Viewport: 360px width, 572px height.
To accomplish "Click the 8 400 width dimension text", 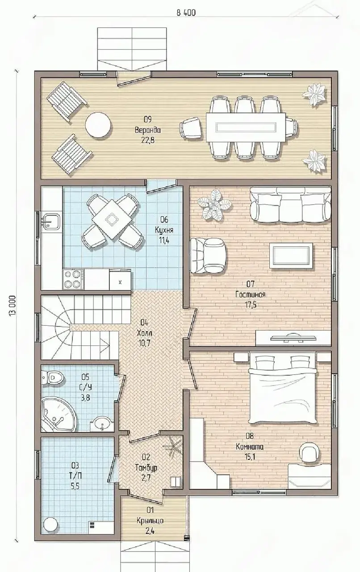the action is click(x=186, y=13).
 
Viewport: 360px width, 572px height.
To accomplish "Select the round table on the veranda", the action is click(x=98, y=126).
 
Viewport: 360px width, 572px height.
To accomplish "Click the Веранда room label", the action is click(x=148, y=130).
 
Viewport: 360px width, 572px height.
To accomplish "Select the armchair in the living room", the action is click(x=209, y=256).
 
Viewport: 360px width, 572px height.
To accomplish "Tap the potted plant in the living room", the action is click(x=215, y=205).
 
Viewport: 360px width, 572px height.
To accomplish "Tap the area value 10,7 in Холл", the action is click(x=144, y=343).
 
